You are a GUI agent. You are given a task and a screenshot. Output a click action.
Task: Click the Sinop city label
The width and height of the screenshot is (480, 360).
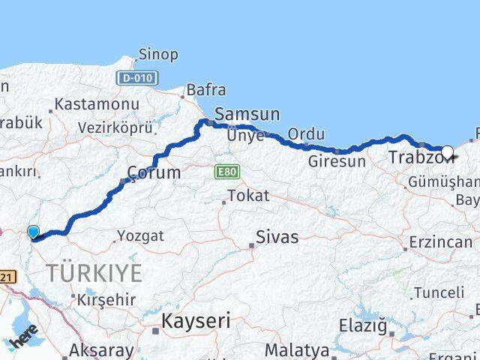[x=158, y=55]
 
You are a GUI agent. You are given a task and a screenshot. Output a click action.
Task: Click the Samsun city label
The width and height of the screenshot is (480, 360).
[x=247, y=115]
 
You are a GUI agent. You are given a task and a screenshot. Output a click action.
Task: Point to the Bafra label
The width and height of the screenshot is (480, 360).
[x=206, y=90]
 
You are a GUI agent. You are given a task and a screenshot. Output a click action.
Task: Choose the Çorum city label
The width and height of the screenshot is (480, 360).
[x=154, y=172]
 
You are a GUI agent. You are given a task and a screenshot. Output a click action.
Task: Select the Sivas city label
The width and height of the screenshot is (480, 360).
[x=277, y=238]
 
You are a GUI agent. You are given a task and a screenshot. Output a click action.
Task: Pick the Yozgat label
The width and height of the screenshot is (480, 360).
[x=140, y=236]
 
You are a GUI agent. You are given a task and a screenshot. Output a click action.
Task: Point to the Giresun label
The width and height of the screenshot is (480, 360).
[x=337, y=161]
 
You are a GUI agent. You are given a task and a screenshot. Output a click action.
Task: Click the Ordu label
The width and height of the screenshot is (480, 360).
[x=307, y=134]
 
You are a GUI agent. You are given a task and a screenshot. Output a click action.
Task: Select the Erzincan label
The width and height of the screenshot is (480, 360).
[x=440, y=243]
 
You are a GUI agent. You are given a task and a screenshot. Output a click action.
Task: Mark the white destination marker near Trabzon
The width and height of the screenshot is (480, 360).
[x=447, y=153]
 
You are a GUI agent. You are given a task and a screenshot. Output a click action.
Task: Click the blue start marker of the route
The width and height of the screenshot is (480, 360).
[x=32, y=232]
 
